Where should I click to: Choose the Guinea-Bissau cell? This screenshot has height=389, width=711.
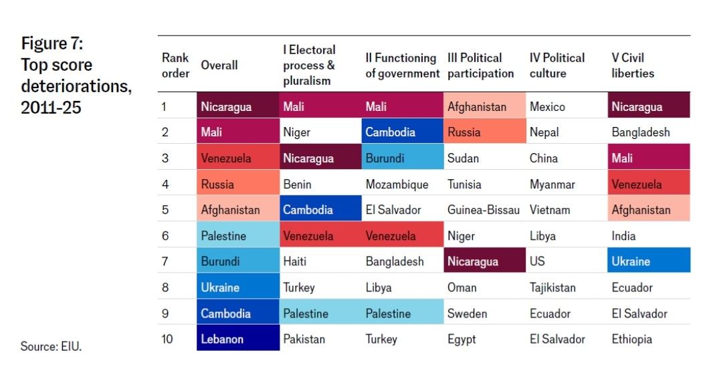484,210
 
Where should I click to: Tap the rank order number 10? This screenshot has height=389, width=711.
167,339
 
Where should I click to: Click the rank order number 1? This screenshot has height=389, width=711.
164,107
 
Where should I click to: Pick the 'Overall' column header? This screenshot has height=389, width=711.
219,66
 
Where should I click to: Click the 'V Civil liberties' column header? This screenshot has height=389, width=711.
633,66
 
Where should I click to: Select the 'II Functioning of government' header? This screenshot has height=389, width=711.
402,66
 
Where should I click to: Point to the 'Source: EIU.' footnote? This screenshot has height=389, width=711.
51,346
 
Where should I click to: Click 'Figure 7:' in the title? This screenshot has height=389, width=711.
52,43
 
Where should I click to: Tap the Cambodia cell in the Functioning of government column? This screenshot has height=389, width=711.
402,131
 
